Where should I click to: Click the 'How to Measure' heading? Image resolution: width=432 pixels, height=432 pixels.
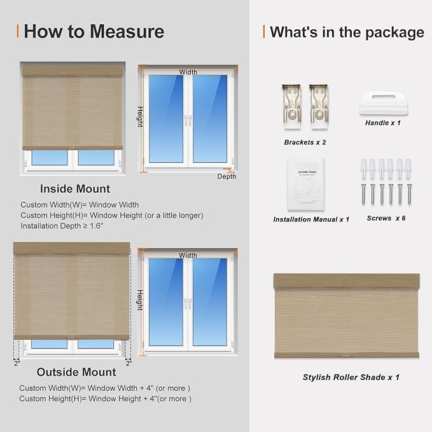(x=94, y=31)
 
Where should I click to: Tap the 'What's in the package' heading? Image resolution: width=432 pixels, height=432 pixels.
(x=347, y=32)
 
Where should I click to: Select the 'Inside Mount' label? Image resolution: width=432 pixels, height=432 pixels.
(x=75, y=189)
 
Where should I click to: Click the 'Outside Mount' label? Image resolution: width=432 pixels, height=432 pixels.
(x=76, y=372)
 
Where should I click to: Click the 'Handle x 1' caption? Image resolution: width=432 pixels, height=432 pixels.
(x=383, y=123)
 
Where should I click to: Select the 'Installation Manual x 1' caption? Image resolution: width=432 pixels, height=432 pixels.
(x=311, y=219)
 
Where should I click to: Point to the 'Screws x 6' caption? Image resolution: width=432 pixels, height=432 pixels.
(x=386, y=218)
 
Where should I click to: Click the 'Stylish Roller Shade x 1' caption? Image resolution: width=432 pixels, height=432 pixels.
(x=351, y=377)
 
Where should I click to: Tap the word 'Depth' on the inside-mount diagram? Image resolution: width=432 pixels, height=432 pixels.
(x=226, y=176)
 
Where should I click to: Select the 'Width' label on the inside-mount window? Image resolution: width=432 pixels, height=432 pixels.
(x=188, y=72)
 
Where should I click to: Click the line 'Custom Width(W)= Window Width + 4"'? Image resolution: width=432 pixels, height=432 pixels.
(x=105, y=388)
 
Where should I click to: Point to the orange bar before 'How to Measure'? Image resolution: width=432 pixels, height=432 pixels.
(x=17, y=31)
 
